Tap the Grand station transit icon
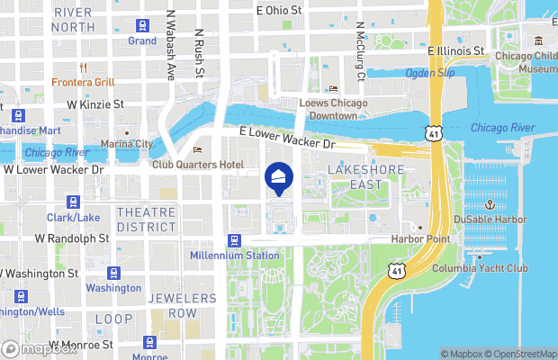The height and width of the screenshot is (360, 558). point(142,25)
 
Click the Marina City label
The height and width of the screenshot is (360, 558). point(127,144)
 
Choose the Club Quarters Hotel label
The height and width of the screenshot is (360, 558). point(198,165)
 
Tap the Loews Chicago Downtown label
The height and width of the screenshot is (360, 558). point(333,109)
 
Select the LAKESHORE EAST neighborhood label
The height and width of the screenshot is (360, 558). point(362,177)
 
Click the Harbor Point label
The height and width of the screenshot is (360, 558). point(419,238)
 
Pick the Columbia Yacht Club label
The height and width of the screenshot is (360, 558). point(480,268)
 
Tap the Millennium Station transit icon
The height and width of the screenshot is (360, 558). point(234,240)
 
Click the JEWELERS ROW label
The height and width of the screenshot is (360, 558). point(184,305)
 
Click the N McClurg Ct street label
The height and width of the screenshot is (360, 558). point(359,51)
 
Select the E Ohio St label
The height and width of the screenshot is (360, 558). point(279,10)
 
